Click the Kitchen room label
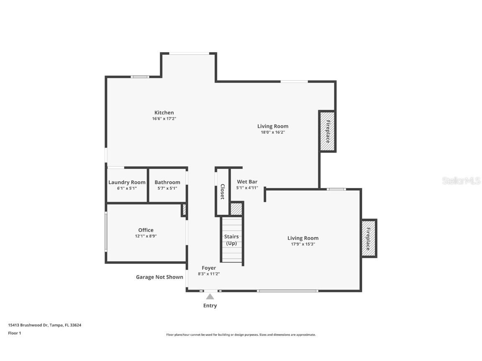pos(164,112)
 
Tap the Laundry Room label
pos(127,182)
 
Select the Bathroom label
pos(167,182)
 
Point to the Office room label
pos(146,230)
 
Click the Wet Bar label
pos(247,182)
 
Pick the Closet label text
pos(223,192)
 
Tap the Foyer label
pos(209,268)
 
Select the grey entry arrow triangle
pos(210,297)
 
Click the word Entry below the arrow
pos(210,305)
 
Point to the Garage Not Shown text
pos(159,277)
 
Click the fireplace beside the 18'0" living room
pos(328,132)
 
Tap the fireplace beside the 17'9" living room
pos(369,239)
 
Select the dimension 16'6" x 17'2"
pos(164,119)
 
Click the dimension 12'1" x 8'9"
pos(146,236)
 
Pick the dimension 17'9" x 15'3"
pos(303,244)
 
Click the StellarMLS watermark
pos(461,180)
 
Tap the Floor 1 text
pos(14,333)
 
